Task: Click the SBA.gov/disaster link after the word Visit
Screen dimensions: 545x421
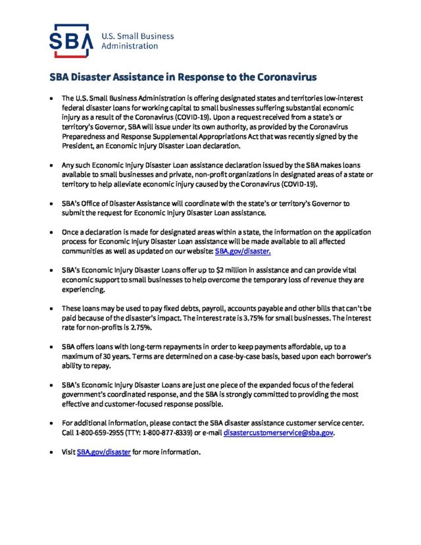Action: [104, 453]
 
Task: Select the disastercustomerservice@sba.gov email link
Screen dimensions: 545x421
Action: [279, 434]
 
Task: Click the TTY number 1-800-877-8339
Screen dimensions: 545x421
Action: [173, 434]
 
